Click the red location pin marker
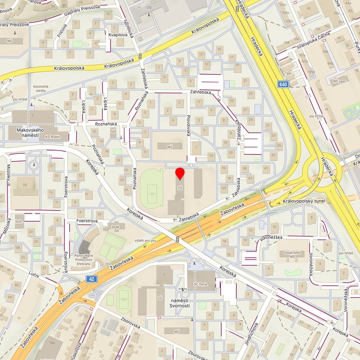(x=180, y=174)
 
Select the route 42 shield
(x=92, y=279)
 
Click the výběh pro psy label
(x=146, y=241)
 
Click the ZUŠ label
(x=113, y=131)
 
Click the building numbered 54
(x=24, y=185)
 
